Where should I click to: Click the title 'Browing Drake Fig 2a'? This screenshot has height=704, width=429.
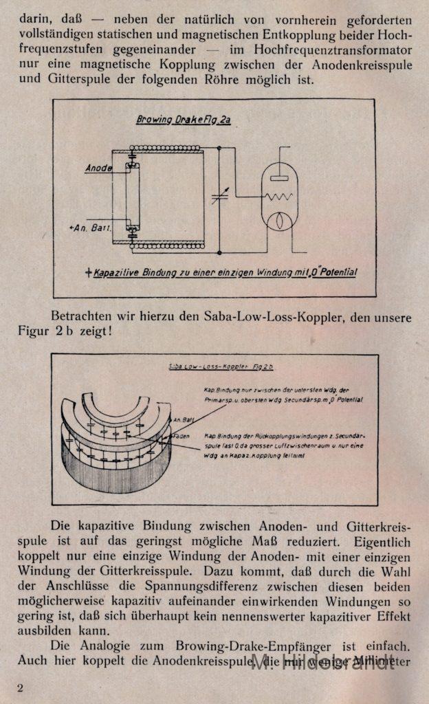pos(184,120)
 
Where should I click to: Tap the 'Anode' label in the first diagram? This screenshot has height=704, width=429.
pos(99,168)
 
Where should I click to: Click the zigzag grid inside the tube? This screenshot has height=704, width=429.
pos(280,196)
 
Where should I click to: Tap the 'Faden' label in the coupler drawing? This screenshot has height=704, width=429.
pos(181,436)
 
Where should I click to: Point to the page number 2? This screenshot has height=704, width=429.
pos(20,689)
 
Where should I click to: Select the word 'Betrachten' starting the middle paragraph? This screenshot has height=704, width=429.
pos(82,317)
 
